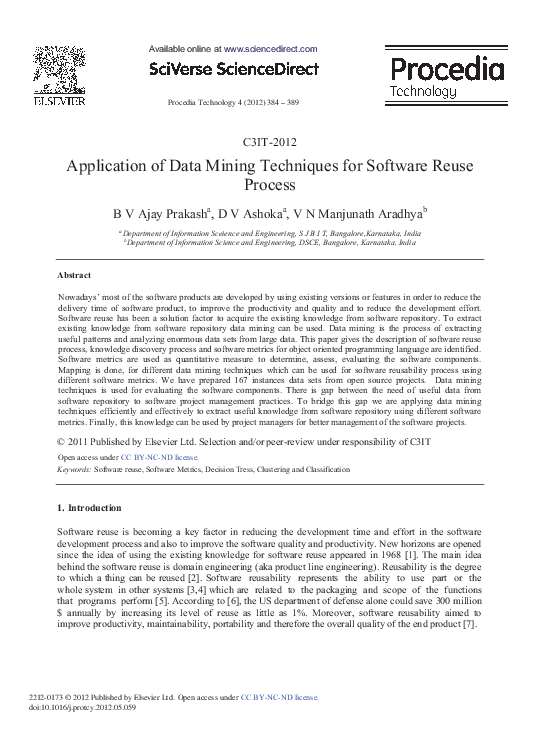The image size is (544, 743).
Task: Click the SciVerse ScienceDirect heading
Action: click(233, 69)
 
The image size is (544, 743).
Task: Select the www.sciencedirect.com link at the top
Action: click(270, 48)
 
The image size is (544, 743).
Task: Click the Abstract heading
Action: click(75, 273)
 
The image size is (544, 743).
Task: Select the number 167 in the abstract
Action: click(259, 380)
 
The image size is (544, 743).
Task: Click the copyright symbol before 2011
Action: click(63, 440)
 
